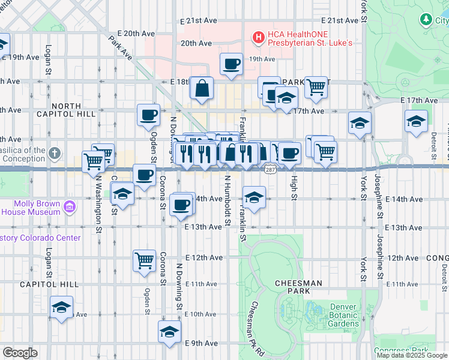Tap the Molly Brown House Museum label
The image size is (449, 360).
[x=30, y=208]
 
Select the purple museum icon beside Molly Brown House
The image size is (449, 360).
[x=70, y=208]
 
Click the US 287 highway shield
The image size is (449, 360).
[x=270, y=171]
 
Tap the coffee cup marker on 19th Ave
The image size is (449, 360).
[x=231, y=64]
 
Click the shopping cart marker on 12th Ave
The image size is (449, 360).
[x=144, y=261]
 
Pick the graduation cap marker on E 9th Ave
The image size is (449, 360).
[x=170, y=332]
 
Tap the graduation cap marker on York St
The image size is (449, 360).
[x=360, y=123]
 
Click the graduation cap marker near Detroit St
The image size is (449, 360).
[x=416, y=121]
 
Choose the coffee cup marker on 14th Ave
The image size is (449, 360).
[x=181, y=205]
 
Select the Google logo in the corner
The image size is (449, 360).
[x=20, y=353]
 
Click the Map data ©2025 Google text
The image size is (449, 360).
[x=412, y=355]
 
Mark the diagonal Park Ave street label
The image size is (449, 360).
[x=121, y=47]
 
